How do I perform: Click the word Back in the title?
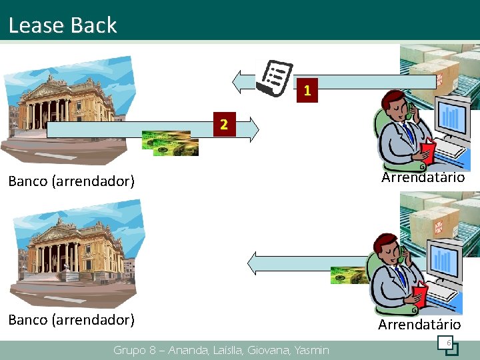pyautogui.click(x=93, y=25)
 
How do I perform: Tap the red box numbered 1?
pyautogui.click(x=307, y=90)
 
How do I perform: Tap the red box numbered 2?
pyautogui.click(x=225, y=124)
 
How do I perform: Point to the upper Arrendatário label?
pyautogui.click(x=423, y=177)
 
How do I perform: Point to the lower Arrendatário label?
pyautogui.click(x=419, y=325)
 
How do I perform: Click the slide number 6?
pyautogui.click(x=449, y=343)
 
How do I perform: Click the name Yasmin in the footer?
pyautogui.click(x=311, y=350)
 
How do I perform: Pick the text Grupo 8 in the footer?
pyautogui.click(x=136, y=350)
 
